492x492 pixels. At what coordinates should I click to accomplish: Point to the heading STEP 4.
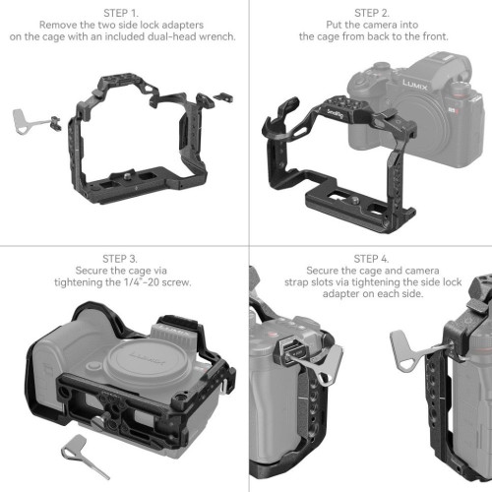tap(370, 261)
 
